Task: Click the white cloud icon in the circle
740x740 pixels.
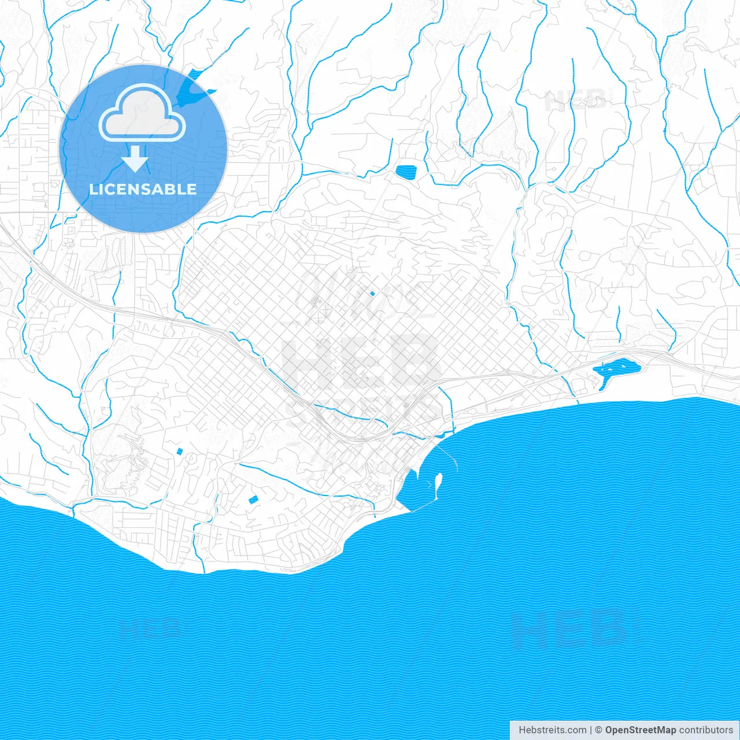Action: click(142, 116)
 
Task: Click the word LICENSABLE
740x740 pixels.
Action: click(143, 189)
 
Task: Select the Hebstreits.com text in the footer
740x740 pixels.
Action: click(552, 730)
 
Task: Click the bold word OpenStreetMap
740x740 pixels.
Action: click(640, 730)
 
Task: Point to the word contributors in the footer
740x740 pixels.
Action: click(705, 730)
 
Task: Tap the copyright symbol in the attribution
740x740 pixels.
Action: click(598, 730)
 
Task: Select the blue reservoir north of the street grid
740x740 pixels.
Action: click(406, 171)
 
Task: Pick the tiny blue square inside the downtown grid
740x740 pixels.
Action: click(372, 293)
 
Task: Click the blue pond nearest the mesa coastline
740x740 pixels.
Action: click(253, 500)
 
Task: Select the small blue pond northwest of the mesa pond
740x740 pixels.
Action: click(179, 451)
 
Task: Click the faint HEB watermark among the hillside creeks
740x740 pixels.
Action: click(575, 101)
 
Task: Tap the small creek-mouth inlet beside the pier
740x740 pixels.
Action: click(442, 432)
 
